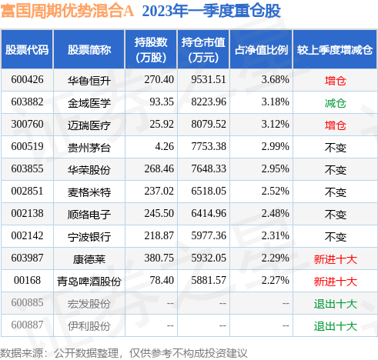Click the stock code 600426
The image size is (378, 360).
[x=27, y=79]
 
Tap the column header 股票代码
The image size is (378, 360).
[x=27, y=49]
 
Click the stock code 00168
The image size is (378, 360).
[x=27, y=282]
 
